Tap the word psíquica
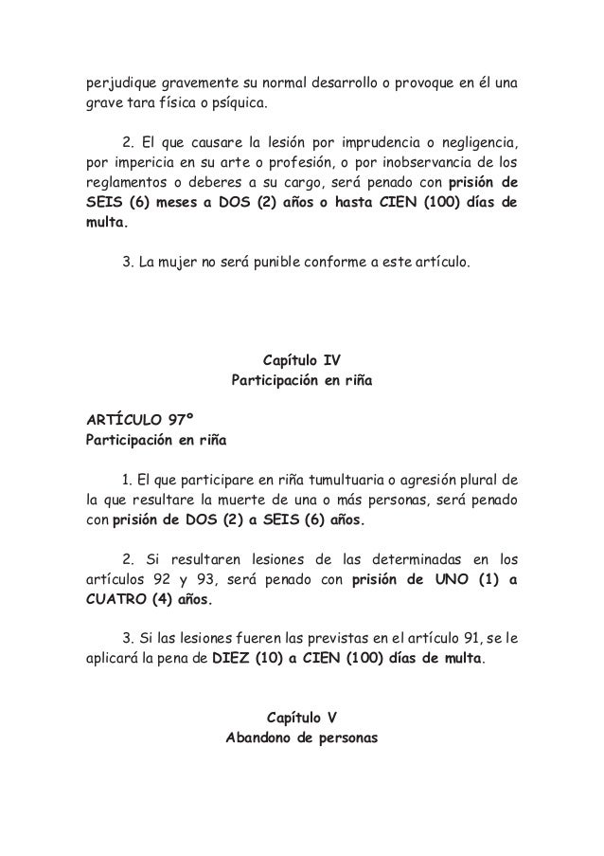pos(240,101)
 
